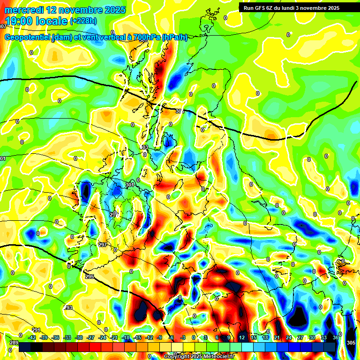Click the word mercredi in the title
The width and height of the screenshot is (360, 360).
point(23,10)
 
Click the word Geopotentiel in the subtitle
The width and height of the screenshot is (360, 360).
point(27,37)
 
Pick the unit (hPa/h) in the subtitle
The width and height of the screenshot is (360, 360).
point(174,37)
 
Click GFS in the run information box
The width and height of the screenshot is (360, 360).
point(260,8)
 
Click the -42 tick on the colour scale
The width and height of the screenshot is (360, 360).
point(32,337)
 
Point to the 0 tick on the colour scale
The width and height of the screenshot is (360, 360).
point(194,337)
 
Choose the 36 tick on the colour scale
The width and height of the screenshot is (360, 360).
point(336,337)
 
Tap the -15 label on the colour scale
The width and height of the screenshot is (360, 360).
point(138,337)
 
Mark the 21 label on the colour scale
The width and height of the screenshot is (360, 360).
point(277,337)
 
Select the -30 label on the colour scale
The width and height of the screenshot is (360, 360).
point(79,337)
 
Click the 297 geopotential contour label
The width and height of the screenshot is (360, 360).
point(103,245)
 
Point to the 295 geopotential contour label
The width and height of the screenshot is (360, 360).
point(90,277)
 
